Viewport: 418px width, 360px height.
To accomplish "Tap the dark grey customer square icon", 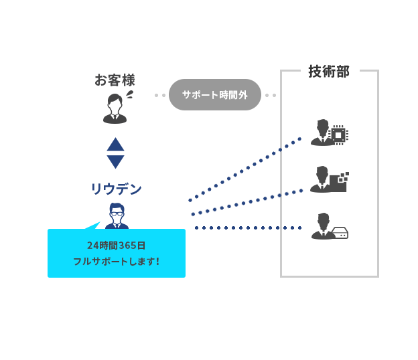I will pyautogui.click(x=115, y=108).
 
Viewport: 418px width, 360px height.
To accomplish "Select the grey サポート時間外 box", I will pyautogui.click(x=214, y=94).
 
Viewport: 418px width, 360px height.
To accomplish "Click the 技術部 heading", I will pyautogui.click(x=328, y=71).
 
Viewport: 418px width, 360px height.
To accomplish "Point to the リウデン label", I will pyautogui.click(x=116, y=189).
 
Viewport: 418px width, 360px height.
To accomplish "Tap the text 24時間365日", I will pyautogui.click(x=116, y=245).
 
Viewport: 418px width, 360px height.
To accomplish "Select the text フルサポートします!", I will pyautogui.click(x=116, y=261).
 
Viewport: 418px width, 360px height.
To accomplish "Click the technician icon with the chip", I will pyautogui.click(x=323, y=132).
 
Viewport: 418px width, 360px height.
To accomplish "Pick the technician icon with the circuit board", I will pyautogui.click(x=322, y=179).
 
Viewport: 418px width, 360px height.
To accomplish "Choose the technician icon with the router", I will pyautogui.click(x=323, y=226).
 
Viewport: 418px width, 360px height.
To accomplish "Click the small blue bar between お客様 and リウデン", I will pyautogui.click(x=115, y=153).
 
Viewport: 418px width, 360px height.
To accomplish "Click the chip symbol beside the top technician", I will pyautogui.click(x=340, y=134).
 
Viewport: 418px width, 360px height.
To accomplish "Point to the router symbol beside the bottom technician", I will pyautogui.click(x=340, y=233).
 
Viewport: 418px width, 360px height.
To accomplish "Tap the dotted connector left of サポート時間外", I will pyautogui.click(x=161, y=95).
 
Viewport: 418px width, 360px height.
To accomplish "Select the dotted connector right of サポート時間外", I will pyautogui.click(x=269, y=95).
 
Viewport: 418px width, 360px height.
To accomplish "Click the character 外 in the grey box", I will pyautogui.click(x=242, y=95).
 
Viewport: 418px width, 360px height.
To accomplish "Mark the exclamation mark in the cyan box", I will pyautogui.click(x=157, y=261).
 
